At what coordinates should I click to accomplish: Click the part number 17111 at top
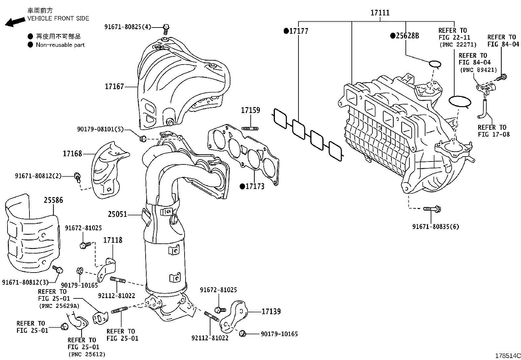point(380,13)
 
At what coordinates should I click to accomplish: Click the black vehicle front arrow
point(15,22)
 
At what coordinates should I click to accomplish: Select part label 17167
point(114,86)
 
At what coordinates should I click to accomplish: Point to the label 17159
point(250,110)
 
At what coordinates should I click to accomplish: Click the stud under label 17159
point(250,128)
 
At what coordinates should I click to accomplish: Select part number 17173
point(255,186)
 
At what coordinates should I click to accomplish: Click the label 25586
point(53,200)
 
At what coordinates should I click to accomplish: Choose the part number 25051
point(117,215)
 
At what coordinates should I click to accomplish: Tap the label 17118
point(113,240)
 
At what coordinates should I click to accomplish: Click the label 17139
point(271,312)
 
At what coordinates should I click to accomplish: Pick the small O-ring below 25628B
point(434,64)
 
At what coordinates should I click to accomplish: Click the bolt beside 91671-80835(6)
point(432,208)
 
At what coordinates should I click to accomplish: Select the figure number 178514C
point(507,356)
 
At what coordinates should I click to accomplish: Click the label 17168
point(72,153)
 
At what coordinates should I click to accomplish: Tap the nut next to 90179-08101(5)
point(142,139)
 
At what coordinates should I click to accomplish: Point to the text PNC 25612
point(87,354)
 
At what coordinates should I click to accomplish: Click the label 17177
point(298,31)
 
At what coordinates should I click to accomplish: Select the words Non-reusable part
point(60,45)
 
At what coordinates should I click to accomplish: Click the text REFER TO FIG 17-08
point(494,131)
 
